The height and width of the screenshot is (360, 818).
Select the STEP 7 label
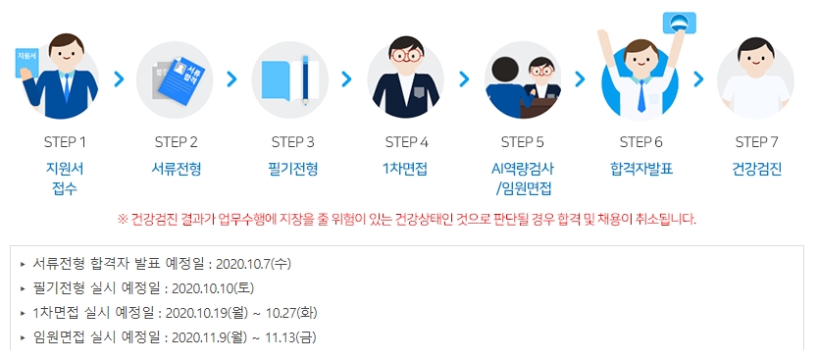(756, 141)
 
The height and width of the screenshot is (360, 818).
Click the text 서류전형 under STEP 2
(177, 168)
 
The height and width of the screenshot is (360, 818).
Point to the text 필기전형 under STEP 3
(293, 168)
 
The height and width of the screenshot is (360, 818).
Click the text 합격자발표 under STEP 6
(640, 168)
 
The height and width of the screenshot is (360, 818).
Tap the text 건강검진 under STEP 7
(756, 168)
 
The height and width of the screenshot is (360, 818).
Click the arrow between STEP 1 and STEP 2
(120, 78)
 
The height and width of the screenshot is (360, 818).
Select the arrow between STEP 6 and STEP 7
(698, 78)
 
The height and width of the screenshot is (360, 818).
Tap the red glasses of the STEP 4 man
(406, 55)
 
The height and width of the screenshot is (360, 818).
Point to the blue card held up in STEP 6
(676, 22)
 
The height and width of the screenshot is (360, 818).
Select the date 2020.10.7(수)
(252, 264)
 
